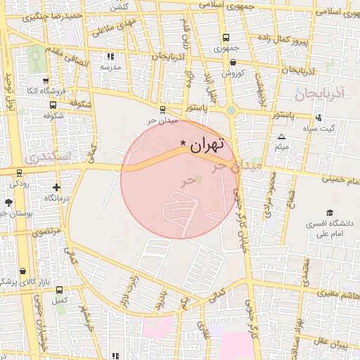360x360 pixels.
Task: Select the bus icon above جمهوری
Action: coord(226,38)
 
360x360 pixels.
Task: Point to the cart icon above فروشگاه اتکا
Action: coord(34,79)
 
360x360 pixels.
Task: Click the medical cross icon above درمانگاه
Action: coord(56,187)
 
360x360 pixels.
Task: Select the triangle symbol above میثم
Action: coord(282,137)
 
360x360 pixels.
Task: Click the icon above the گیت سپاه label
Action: coord(319,117)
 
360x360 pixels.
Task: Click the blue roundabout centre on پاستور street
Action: coord(231,110)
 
